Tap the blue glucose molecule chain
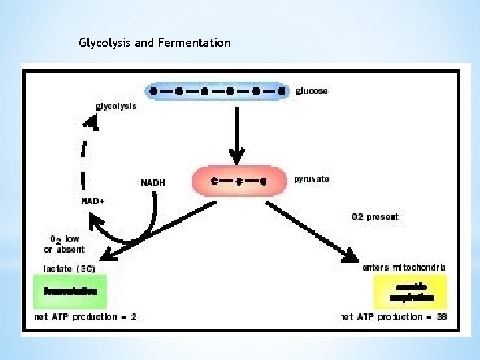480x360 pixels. [x=218, y=90]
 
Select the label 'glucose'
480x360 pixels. [x=311, y=91]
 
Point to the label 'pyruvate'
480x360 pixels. [x=311, y=179]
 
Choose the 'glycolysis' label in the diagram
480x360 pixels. [x=116, y=106]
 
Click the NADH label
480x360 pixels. [x=153, y=183]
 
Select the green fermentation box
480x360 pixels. [x=70, y=291]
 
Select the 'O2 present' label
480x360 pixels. [x=375, y=217]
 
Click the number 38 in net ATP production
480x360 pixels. [x=441, y=317]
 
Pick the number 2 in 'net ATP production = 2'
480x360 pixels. [x=133, y=317]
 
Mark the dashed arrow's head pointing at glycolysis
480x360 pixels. [x=94, y=121]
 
